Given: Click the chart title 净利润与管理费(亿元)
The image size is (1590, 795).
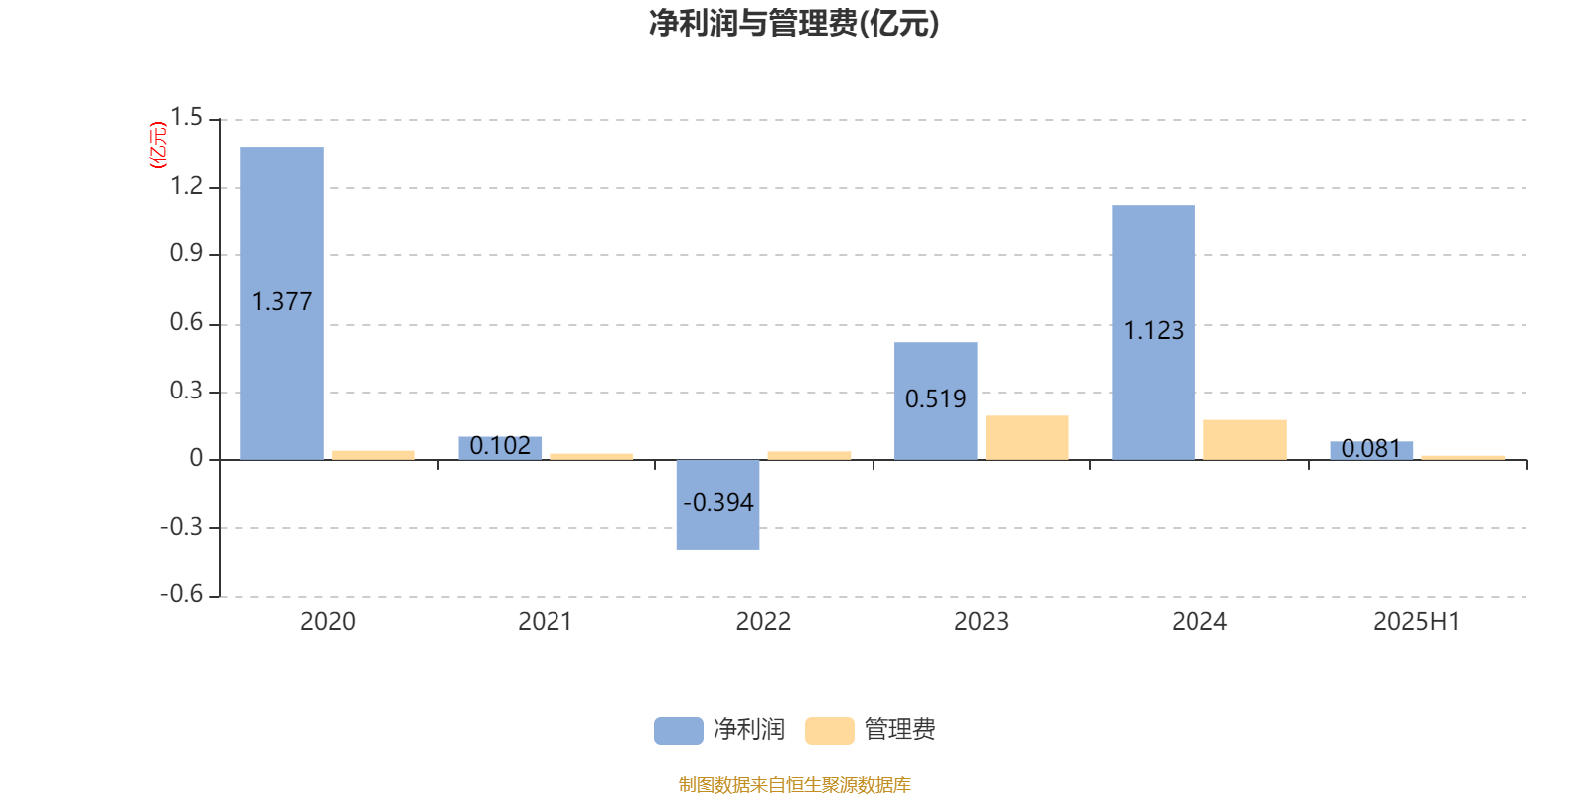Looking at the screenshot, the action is pyautogui.click(x=794, y=24).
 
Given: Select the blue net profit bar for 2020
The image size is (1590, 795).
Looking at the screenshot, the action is pyautogui.click(x=282, y=304).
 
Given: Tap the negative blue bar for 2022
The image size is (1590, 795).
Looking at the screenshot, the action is pyautogui.click(x=717, y=505).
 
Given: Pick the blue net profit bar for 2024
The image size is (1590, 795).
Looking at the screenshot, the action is pyautogui.click(x=1154, y=333).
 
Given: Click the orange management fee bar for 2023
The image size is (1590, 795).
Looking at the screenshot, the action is pyautogui.click(x=1028, y=438).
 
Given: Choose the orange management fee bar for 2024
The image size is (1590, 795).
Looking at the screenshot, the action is pyautogui.click(x=1245, y=440).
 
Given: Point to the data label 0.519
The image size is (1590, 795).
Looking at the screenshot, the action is pyautogui.click(x=935, y=398).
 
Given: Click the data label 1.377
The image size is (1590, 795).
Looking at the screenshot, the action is pyautogui.click(x=282, y=302).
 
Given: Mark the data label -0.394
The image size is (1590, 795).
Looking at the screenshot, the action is pyautogui.click(x=717, y=503).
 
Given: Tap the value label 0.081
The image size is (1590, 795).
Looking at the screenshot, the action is pyautogui.click(x=1371, y=448).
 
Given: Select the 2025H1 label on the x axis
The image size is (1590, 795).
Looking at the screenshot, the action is pyautogui.click(x=1417, y=622).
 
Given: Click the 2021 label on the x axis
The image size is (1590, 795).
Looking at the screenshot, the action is pyautogui.click(x=546, y=622).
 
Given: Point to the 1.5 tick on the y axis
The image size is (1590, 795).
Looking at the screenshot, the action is pyautogui.click(x=186, y=118).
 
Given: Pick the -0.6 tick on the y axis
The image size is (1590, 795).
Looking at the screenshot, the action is pyautogui.click(x=182, y=594).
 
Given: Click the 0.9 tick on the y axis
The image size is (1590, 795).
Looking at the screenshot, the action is pyautogui.click(x=186, y=253).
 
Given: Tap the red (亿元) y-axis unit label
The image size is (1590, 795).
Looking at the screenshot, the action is pyautogui.click(x=158, y=145).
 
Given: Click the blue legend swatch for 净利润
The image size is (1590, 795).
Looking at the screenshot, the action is pyautogui.click(x=679, y=731).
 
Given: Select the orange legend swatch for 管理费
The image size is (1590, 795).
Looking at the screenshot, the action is pyautogui.click(x=829, y=731).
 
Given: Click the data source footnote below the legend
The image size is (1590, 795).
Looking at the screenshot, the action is pyautogui.click(x=794, y=784).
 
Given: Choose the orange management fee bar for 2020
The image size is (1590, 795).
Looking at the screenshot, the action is pyautogui.click(x=374, y=456).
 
